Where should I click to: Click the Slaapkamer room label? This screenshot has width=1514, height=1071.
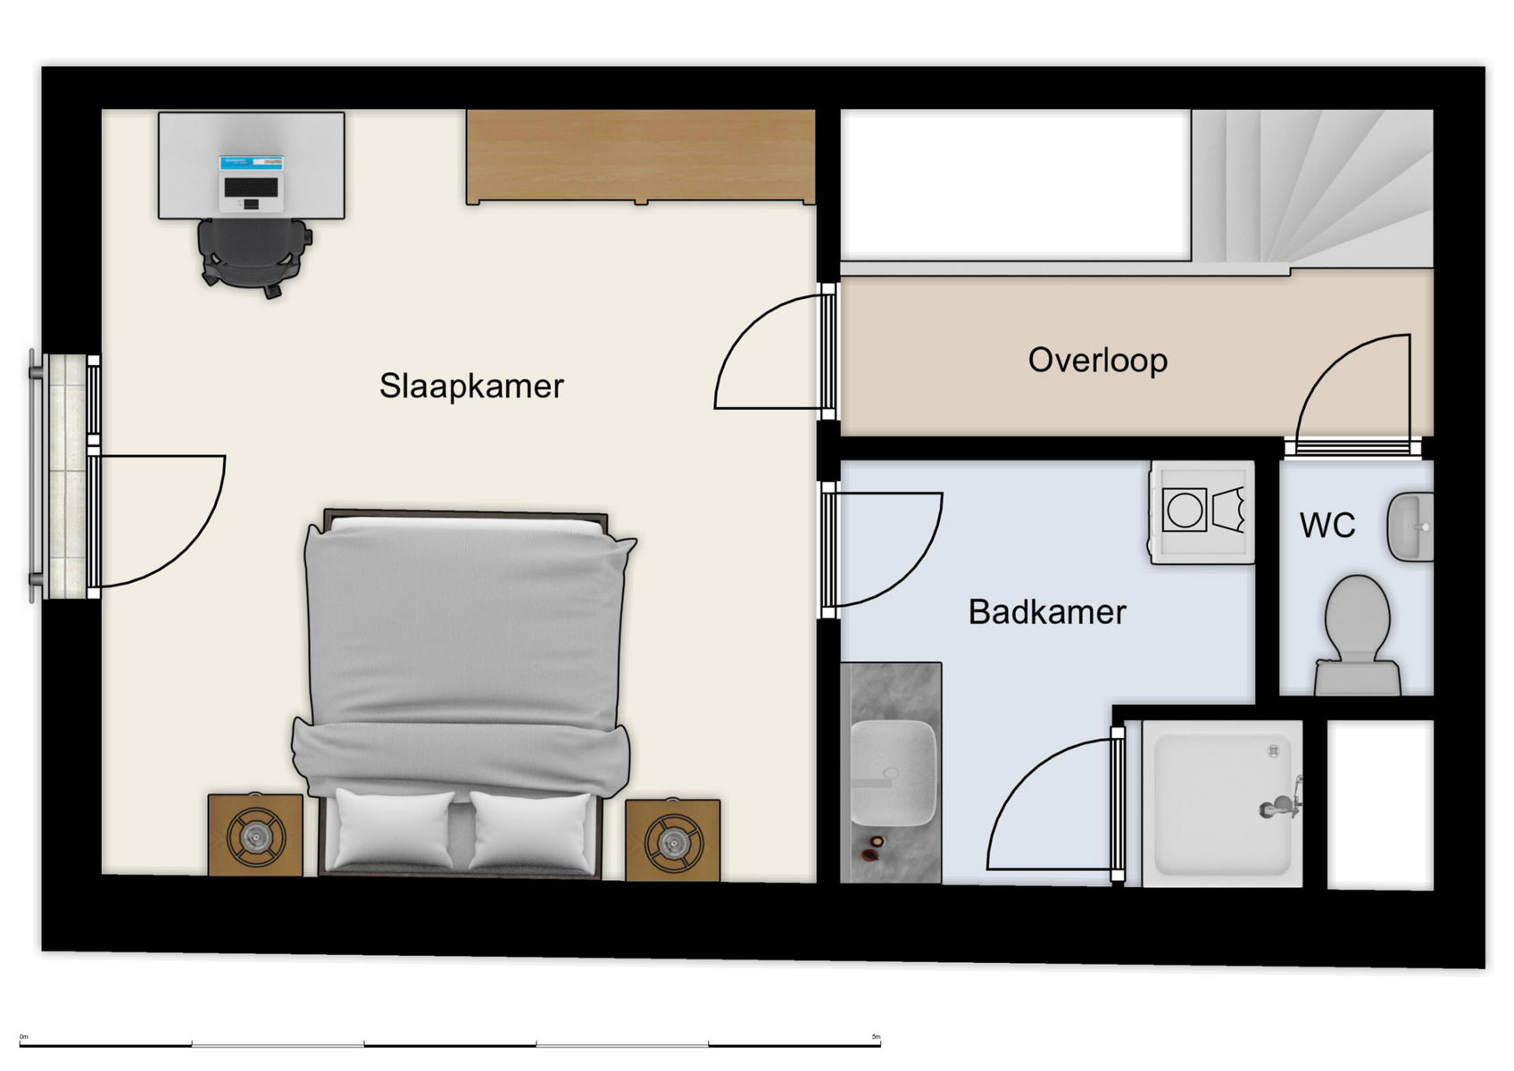471,386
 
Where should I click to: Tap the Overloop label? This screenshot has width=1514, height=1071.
1097,361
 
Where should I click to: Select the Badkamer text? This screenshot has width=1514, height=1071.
1046,612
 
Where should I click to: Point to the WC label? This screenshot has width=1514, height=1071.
1327,526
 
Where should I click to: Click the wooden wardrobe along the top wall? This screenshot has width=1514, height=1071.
640,157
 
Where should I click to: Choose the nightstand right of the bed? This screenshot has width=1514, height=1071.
672,839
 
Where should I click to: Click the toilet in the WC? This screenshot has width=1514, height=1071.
1357,629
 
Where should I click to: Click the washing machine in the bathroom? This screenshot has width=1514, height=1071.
1202,512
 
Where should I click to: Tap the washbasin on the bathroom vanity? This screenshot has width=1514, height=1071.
892,773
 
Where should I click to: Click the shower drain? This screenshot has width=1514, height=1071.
1274,751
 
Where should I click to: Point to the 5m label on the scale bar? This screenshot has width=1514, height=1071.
876,1037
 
